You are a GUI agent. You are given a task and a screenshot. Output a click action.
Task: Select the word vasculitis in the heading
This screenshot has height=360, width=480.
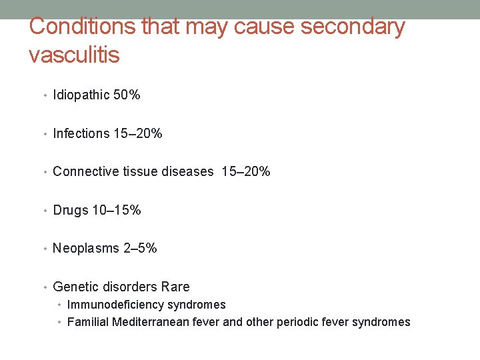(74, 55)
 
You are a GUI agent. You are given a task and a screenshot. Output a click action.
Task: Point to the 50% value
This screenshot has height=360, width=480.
(127, 95)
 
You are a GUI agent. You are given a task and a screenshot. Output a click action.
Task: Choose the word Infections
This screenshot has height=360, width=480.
(81, 133)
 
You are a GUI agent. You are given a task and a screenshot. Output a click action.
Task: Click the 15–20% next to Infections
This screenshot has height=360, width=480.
(138, 133)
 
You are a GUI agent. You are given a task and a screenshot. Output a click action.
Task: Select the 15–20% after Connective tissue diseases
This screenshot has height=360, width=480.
(246, 171)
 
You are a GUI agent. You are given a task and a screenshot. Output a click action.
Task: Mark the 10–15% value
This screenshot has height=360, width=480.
(117, 210)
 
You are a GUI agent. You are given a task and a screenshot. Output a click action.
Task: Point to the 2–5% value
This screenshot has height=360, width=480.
(141, 249)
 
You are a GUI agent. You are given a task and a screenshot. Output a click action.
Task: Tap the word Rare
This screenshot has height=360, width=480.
(175, 287)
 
